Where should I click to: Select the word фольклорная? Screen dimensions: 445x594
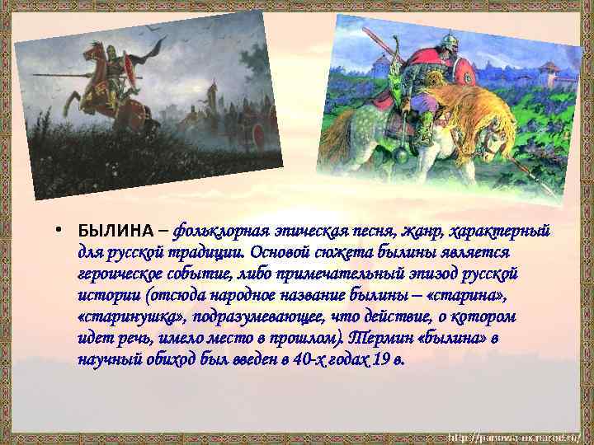pyautogui.click(x=218, y=228)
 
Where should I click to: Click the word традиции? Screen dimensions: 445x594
pyautogui.click(x=202, y=251)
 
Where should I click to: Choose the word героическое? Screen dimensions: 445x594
pyautogui.click(x=124, y=272)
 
